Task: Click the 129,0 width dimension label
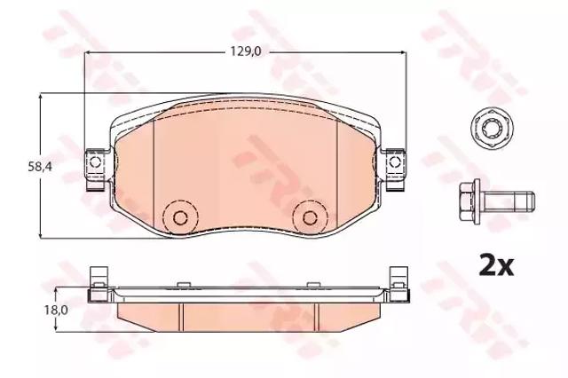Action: [246, 52]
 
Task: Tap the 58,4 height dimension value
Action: [40, 167]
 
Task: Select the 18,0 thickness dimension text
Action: [54, 310]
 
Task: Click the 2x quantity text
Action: [496, 266]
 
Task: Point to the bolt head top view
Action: [488, 127]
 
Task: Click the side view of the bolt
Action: [497, 201]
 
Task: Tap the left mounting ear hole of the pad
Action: [95, 162]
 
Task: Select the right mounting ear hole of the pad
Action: [394, 162]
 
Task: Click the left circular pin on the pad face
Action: [180, 217]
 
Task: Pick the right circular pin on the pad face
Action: [310, 217]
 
